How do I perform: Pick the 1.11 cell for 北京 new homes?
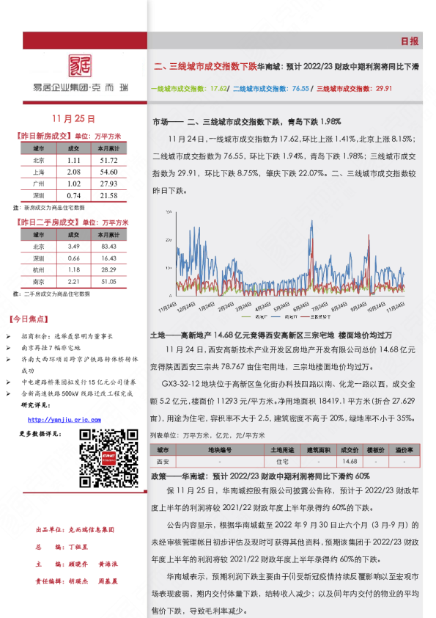[73, 160]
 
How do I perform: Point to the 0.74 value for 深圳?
[73, 196]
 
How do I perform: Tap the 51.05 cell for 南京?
[108, 281]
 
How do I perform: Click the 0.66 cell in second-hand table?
[73, 258]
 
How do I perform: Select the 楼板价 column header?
[376, 449]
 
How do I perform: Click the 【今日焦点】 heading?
[29, 319]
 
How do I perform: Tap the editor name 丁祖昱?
[78, 548]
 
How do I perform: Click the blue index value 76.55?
[300, 88]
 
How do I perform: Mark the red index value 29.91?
[383, 88]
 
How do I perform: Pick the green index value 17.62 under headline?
[218, 88]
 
